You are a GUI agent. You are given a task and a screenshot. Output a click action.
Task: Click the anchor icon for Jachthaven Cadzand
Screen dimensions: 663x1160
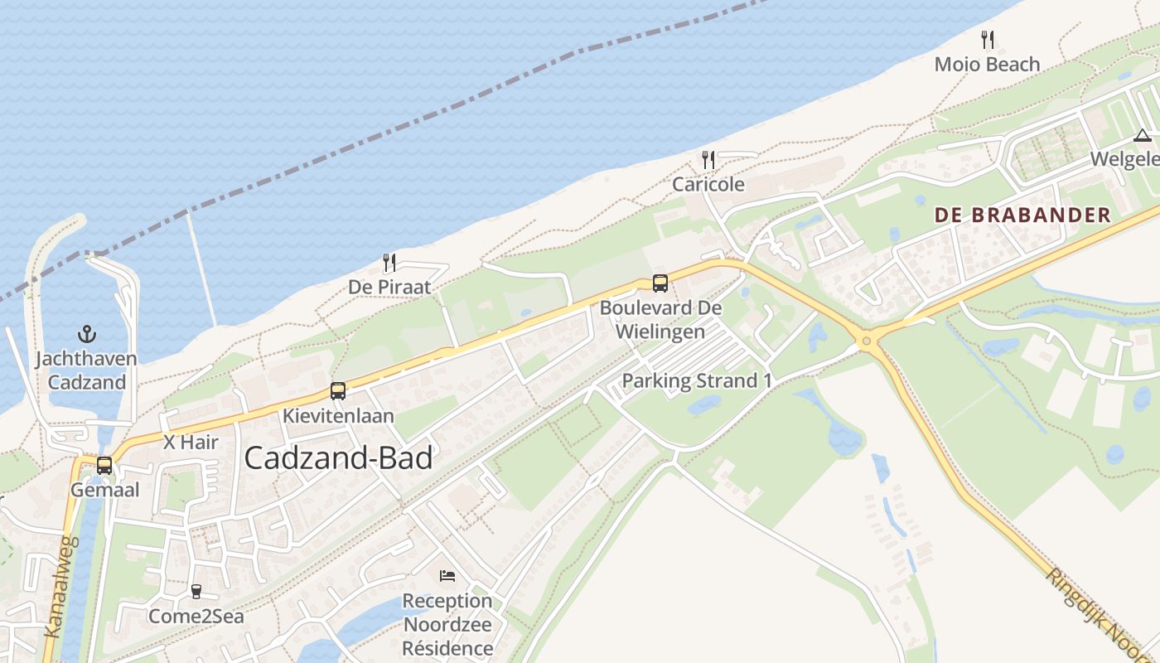(87, 334)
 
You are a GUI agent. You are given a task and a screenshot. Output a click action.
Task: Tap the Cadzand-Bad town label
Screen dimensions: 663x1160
(338, 458)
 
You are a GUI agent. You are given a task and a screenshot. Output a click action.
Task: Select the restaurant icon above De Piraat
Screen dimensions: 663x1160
(389, 263)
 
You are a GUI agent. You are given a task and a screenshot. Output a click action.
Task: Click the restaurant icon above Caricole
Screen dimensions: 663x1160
(708, 160)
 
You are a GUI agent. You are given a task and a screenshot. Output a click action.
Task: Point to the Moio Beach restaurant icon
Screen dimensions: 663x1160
(987, 39)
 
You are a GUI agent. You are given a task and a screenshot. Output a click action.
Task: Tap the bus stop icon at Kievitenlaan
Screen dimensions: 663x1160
(338, 391)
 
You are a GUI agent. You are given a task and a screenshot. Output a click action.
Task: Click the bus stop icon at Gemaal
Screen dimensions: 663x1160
(104, 466)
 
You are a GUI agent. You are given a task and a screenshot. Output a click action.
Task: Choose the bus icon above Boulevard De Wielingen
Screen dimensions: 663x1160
(660, 283)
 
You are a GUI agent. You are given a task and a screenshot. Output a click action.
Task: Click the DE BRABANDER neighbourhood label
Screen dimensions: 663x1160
(1022, 215)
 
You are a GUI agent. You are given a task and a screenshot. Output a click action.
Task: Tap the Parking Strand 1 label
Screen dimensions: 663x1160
(697, 381)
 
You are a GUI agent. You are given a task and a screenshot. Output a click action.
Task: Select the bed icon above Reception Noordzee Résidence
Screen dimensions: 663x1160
(447, 576)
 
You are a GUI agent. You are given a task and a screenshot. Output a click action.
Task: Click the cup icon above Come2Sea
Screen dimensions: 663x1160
(196, 592)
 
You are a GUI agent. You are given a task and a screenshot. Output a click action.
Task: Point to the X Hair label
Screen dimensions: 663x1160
(191, 443)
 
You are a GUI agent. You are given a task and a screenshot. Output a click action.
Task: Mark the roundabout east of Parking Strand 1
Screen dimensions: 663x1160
(868, 340)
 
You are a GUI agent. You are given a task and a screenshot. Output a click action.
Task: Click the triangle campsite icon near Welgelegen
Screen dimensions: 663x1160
(1143, 136)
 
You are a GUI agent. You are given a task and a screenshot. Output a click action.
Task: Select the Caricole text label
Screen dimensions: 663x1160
(708, 185)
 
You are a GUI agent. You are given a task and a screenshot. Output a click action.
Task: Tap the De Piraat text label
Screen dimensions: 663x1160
(389, 288)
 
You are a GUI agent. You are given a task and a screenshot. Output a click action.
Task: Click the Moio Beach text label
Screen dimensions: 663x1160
(987, 64)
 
